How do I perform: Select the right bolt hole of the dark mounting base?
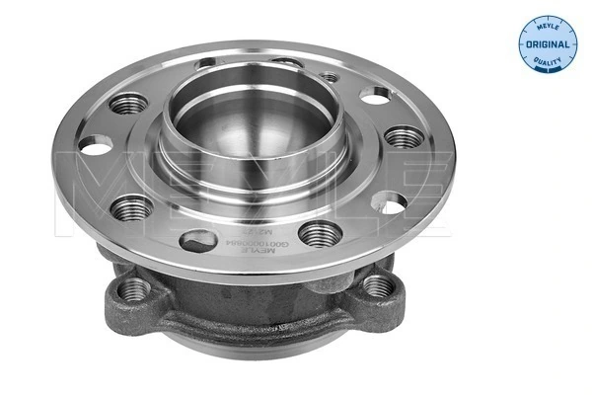click(x=378, y=286)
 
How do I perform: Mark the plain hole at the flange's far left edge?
click(x=91, y=153)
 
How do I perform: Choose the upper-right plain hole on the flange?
click(x=375, y=95)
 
